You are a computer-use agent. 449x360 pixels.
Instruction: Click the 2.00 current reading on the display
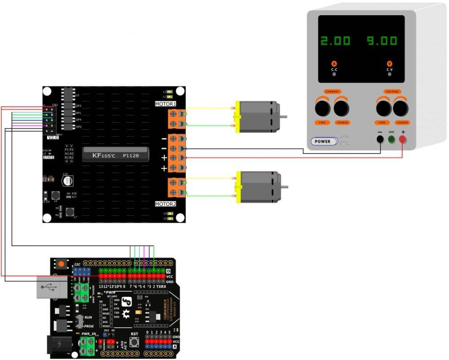[x=335, y=41]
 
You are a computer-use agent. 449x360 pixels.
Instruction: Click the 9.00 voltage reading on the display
[x=382, y=41]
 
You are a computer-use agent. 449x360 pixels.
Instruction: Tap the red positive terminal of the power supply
[x=402, y=140]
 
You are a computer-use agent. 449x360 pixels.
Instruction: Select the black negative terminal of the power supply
[x=380, y=140]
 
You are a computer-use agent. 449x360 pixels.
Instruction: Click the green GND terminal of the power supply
[x=392, y=140]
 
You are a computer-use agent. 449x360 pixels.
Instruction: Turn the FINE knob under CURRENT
[x=322, y=108]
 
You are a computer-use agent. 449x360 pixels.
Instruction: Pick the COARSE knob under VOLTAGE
[x=401, y=108]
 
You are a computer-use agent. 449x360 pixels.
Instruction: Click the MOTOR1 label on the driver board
[x=166, y=104]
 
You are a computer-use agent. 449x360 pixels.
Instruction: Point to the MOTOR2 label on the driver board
[x=166, y=204]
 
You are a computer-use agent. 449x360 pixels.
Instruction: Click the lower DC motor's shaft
[x=284, y=186]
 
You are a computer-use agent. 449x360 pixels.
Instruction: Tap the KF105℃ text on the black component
[x=103, y=156]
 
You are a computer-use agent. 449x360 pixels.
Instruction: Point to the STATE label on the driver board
[x=48, y=158]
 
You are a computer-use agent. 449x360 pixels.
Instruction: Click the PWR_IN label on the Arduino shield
[x=88, y=334]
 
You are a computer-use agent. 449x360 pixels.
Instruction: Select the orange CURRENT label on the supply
[x=332, y=92]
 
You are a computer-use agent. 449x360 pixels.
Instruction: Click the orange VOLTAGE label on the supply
[x=392, y=92]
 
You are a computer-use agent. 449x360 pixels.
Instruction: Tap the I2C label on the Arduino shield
[x=77, y=264]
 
